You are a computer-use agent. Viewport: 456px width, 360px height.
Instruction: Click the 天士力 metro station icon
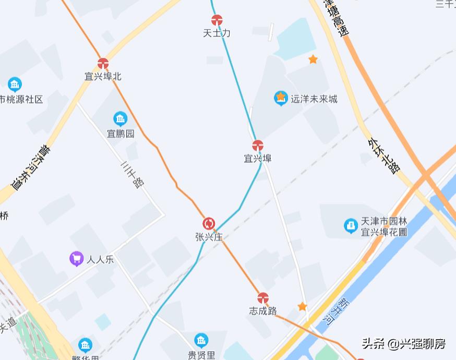217,20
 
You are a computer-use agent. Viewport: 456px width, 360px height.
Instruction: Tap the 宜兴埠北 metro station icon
103,64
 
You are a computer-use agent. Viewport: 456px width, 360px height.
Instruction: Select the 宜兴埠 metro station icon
258,146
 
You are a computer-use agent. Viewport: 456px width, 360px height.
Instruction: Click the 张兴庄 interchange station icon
209,224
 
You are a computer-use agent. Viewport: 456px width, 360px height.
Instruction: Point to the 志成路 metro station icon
263,298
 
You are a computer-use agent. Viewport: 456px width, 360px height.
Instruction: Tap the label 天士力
217,33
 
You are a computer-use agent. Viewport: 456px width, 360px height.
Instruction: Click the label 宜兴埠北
103,77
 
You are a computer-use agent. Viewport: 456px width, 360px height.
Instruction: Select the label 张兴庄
209,237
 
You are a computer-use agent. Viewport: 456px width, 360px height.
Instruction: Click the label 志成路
262,311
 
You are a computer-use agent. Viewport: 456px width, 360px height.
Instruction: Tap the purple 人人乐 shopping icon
77,258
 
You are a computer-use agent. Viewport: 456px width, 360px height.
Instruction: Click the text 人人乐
100,259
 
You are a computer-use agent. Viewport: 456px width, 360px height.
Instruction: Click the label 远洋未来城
314,99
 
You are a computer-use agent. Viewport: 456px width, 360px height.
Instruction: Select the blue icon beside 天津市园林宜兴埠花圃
351,226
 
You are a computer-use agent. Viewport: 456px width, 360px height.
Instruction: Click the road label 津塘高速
337,18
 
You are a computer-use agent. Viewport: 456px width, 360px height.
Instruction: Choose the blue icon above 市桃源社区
15,85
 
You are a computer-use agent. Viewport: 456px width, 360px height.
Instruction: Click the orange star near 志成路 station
302,306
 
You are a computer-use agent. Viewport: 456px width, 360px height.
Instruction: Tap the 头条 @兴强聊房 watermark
404,344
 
